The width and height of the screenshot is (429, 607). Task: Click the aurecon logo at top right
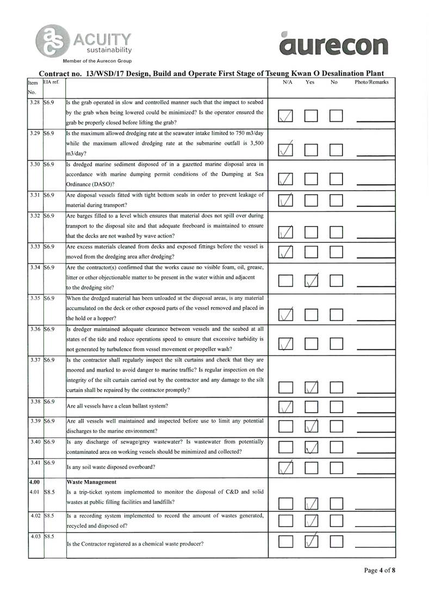[x=334, y=43]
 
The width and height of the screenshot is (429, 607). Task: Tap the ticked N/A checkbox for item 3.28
[x=285, y=116]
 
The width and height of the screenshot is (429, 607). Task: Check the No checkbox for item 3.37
[x=337, y=387]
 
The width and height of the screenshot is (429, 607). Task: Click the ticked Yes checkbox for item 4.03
[x=311, y=542]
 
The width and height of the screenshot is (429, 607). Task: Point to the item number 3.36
[x=35, y=329]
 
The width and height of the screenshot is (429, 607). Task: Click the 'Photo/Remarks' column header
[x=371, y=82]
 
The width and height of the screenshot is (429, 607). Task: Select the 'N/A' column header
[x=288, y=82]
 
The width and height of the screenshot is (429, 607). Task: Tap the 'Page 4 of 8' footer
[x=380, y=571]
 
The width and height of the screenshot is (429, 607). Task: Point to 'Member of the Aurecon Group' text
[x=97, y=61]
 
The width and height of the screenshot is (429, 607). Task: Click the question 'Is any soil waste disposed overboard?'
[x=110, y=467]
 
